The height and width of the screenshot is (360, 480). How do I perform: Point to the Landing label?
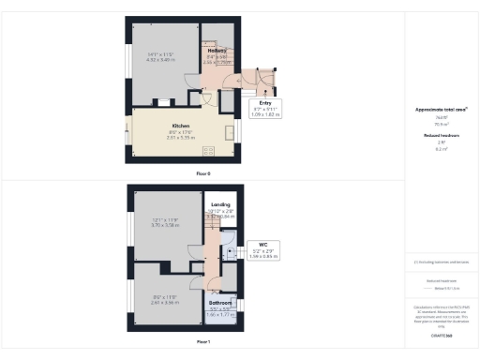point(220,204)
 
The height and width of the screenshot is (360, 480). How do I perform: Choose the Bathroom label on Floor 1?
point(219,303)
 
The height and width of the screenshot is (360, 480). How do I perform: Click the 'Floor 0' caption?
point(203,174)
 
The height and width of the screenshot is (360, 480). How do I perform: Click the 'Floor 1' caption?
point(203,342)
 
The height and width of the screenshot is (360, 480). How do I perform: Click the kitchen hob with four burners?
point(208,151)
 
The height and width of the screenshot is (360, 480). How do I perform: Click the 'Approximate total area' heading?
point(440,111)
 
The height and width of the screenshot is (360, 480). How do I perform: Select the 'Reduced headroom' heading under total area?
point(440,136)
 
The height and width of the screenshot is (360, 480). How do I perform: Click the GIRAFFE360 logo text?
point(440,334)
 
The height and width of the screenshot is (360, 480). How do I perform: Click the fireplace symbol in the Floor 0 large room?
point(162,100)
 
